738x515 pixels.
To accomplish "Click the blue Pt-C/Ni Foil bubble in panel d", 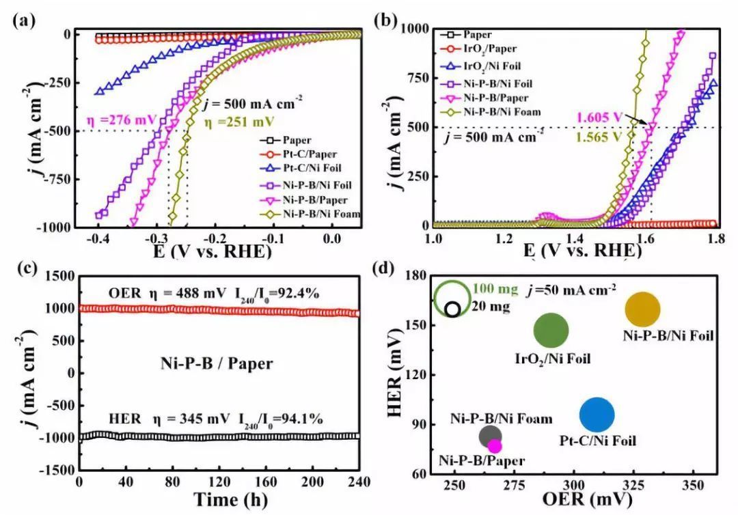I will (x=597, y=415).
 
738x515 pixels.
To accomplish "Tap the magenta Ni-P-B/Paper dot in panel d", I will (x=495, y=446).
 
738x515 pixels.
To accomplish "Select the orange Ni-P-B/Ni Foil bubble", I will (x=643, y=309).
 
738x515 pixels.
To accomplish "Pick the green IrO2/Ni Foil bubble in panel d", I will (x=551, y=331).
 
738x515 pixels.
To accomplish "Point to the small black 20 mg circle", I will (x=452, y=309).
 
